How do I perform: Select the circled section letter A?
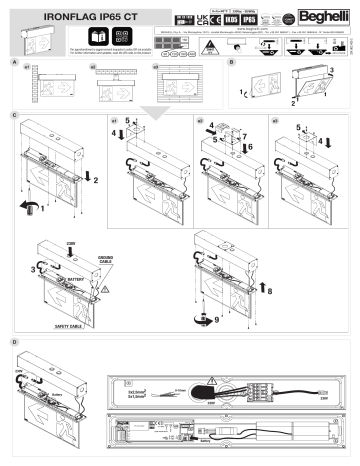point(11,61)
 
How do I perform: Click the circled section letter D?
point(11,342)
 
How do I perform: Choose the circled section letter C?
point(11,117)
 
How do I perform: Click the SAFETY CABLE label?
point(59,326)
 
